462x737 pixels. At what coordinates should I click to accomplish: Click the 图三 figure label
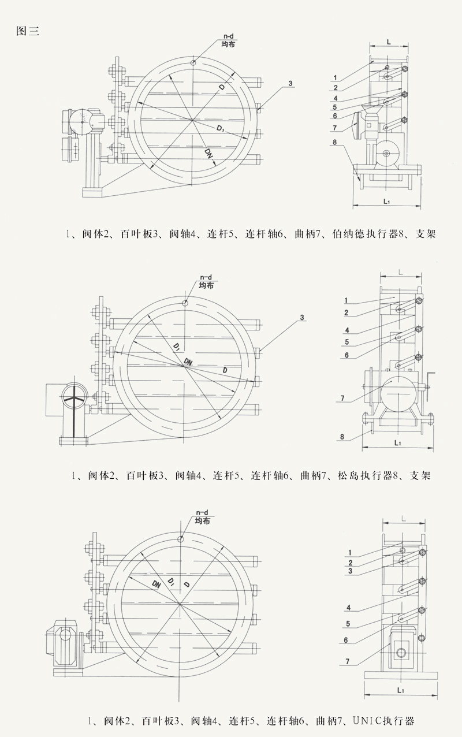coord(27,32)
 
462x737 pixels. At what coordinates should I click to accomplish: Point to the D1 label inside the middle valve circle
coord(174,346)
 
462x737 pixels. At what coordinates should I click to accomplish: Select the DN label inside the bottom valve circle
coord(157,584)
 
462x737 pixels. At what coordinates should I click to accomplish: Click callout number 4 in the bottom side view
coord(349,607)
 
